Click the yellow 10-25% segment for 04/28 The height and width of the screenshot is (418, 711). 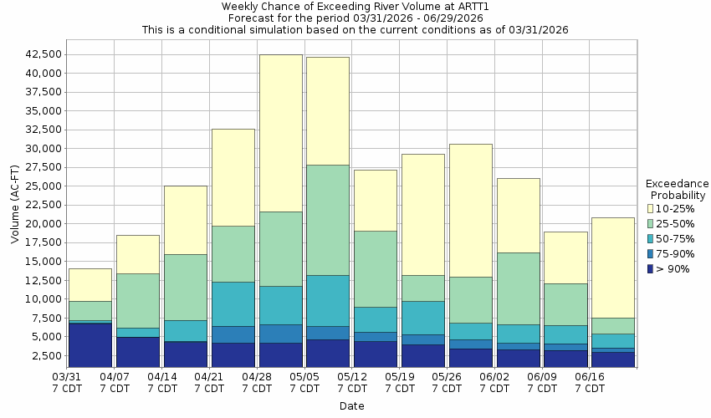(280, 133)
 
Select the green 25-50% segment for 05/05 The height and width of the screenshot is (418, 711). (328, 220)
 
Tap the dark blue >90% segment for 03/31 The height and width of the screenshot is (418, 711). (90, 344)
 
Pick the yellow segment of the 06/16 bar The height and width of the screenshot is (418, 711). (613, 268)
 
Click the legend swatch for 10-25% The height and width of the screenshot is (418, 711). (652, 208)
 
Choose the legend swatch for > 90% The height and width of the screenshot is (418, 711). (652, 268)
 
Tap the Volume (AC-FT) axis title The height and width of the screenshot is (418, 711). (15, 204)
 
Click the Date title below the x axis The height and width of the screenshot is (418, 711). (351, 406)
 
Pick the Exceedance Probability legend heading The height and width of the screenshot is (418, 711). (677, 189)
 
